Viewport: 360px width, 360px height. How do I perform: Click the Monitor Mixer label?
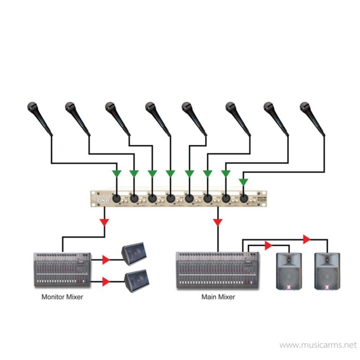pyautogui.click(x=62, y=297)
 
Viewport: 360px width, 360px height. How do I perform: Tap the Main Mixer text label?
pyautogui.click(x=218, y=297)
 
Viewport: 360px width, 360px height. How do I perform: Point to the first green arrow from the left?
pyautogui.click(x=116, y=174)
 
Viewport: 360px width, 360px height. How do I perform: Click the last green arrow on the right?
pyautogui.click(x=243, y=181)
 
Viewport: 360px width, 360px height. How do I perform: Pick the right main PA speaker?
pyautogui.click(x=327, y=270)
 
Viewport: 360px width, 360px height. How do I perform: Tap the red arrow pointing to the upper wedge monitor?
pyautogui.click(x=105, y=259)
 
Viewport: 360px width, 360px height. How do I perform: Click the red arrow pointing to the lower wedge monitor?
pyautogui.click(x=105, y=282)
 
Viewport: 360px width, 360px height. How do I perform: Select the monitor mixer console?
pyautogui.click(x=62, y=270)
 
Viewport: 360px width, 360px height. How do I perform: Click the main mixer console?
pyautogui.click(x=218, y=270)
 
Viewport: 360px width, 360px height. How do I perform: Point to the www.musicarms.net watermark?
pyautogui.click(x=318, y=345)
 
